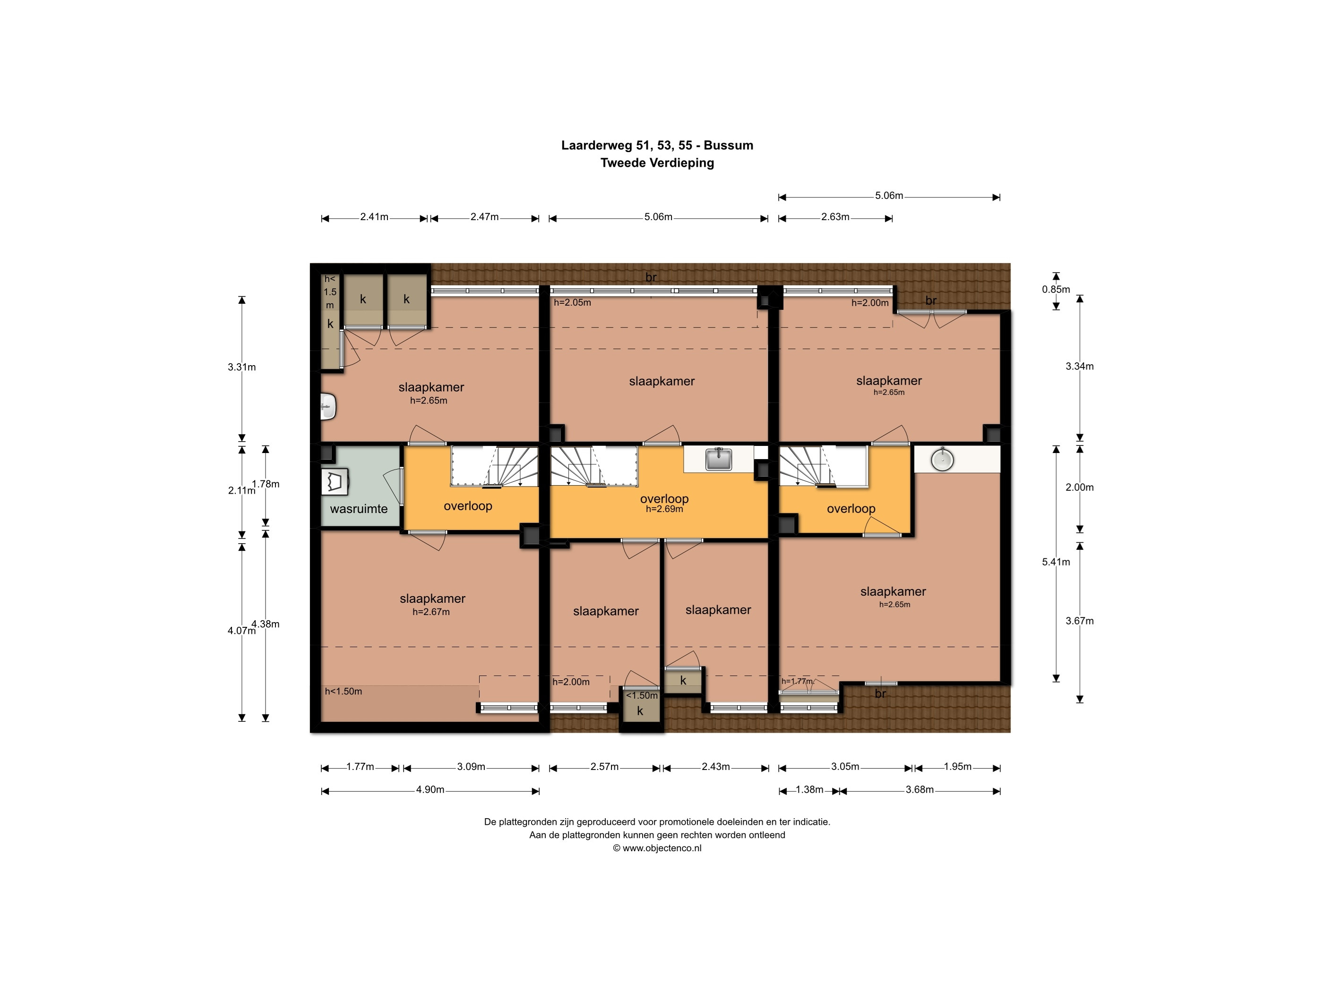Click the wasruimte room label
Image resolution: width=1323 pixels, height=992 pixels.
[359, 509]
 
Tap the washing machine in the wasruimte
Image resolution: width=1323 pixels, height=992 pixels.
[335, 482]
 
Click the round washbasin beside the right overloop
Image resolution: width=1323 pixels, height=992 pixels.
[942, 459]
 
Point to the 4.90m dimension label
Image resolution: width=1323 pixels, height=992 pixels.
[430, 790]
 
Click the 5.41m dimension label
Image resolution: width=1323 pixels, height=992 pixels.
[1056, 562]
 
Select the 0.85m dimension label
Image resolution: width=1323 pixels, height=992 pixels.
[1056, 290]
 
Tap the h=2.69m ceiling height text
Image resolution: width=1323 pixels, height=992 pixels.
[664, 509]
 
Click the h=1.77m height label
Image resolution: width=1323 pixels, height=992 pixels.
[797, 681]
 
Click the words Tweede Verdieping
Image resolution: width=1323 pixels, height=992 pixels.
[657, 162]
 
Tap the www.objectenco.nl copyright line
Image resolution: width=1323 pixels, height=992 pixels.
[657, 848]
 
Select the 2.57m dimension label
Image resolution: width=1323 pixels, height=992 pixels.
[605, 767]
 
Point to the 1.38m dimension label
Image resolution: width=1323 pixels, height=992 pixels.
[809, 790]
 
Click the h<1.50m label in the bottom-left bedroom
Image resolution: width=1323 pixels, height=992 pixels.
[344, 691]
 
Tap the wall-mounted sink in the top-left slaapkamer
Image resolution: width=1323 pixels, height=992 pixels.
[328, 407]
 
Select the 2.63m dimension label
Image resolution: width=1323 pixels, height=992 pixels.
[835, 217]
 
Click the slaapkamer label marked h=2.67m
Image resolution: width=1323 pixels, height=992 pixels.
[432, 599]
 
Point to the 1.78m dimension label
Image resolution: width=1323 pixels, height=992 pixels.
[266, 484]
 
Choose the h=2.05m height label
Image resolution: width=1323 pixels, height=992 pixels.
[572, 303]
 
